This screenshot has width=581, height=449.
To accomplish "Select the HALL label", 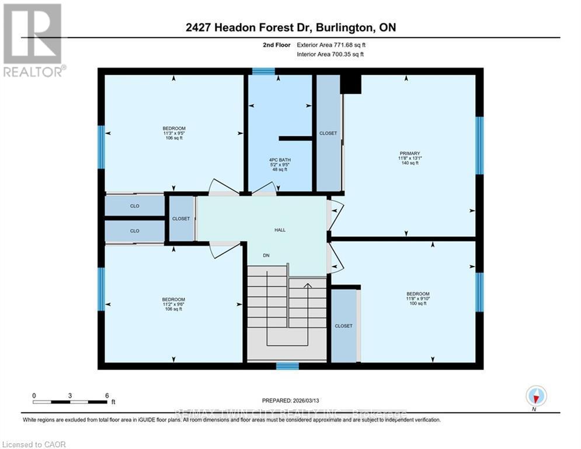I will pyautogui.click(x=280, y=230).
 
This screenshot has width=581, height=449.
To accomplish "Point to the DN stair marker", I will pyautogui.click(x=266, y=255).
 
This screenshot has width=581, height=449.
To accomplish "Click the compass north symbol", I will pyautogui.click(x=535, y=396).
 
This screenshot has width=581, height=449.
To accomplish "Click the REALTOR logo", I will pyautogui.click(x=33, y=40).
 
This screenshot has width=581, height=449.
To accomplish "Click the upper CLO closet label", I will pyautogui.click(x=135, y=206).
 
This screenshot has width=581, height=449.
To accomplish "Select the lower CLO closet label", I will pyautogui.click(x=135, y=231).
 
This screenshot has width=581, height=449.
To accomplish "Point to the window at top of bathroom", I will pyautogui.click(x=263, y=71).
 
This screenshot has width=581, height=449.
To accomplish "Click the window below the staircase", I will pyautogui.click(x=287, y=367).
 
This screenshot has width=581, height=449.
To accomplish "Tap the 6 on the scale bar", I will pyautogui.click(x=107, y=396).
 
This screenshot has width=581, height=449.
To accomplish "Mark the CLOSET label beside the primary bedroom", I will pyautogui.click(x=328, y=133).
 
